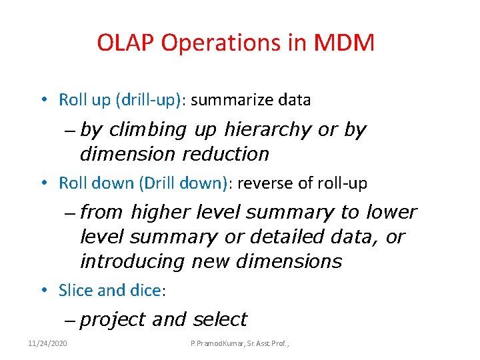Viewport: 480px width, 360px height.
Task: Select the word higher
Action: (x=161, y=213)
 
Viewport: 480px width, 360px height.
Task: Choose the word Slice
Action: (x=75, y=291)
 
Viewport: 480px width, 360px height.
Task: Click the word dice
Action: (x=145, y=291)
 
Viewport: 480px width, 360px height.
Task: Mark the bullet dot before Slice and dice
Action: (x=43, y=291)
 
